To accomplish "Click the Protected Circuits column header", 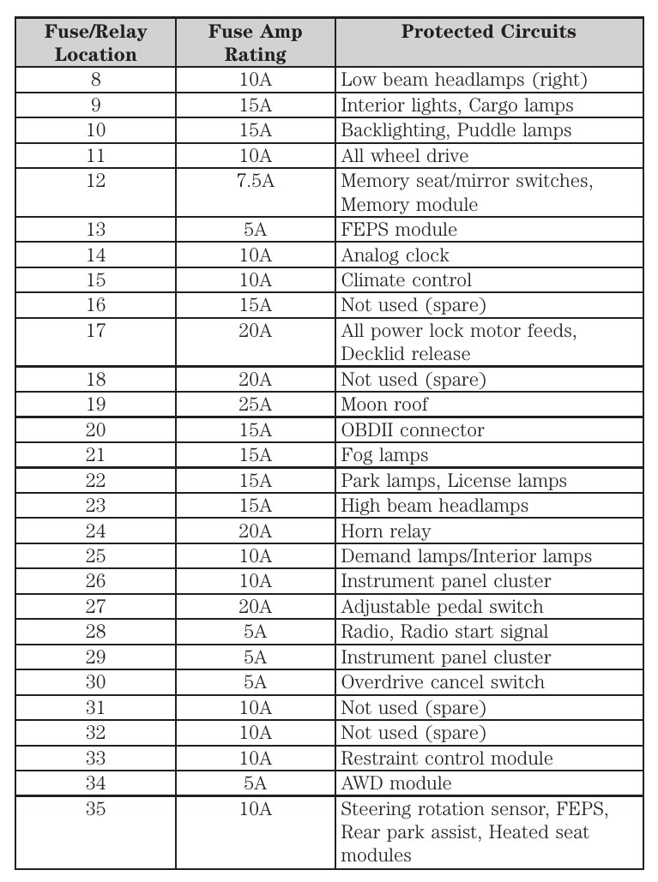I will pyautogui.click(x=488, y=33).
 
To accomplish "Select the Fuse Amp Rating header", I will pyautogui.click(x=255, y=43).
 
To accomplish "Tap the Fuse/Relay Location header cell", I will pyautogui.click(x=95, y=43).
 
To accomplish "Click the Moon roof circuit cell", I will pyautogui.click(x=384, y=405).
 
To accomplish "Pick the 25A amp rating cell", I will pyautogui.click(x=255, y=405).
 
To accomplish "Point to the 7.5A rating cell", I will pyautogui.click(x=255, y=182).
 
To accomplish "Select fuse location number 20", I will pyautogui.click(x=95, y=430).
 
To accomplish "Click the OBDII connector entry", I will pyautogui.click(x=413, y=430).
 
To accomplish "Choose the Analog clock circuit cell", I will pyautogui.click(x=395, y=255).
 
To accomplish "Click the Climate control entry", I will pyautogui.click(x=406, y=280).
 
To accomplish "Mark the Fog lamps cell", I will pyautogui.click(x=384, y=455).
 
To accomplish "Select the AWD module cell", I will pyautogui.click(x=395, y=783).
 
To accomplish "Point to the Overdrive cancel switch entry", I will pyautogui.click(x=443, y=682).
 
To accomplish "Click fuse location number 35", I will pyautogui.click(x=95, y=809).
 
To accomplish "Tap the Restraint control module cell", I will pyautogui.click(x=447, y=759).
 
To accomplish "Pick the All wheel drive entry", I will pyautogui.click(x=404, y=156).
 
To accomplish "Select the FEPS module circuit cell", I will pyautogui.click(x=399, y=230).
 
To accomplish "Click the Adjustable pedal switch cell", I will pyautogui.click(x=442, y=607).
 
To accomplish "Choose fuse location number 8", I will pyautogui.click(x=95, y=81).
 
